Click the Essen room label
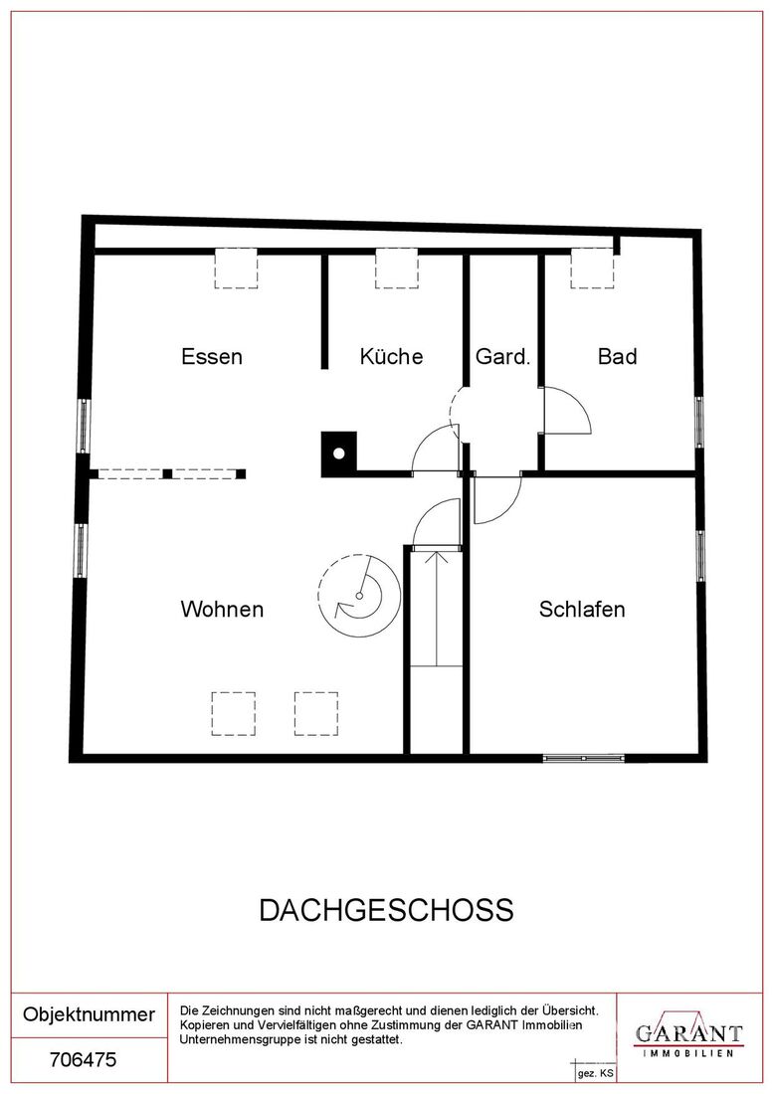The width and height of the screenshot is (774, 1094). click(x=212, y=356)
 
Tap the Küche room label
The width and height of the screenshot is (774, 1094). click(x=392, y=356)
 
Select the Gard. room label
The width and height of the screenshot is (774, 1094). click(x=503, y=356)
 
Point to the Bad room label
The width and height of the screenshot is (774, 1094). click(x=618, y=356)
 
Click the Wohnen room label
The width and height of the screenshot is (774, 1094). click(x=222, y=609)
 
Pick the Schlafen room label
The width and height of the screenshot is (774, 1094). click(x=582, y=609)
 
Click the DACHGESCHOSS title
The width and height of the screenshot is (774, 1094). click(x=387, y=910)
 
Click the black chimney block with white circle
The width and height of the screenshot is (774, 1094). click(x=338, y=455)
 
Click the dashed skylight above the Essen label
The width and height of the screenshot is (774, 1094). click(x=236, y=269)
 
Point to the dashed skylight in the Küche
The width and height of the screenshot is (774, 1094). click(x=396, y=269)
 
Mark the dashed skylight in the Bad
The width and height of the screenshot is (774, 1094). click(x=593, y=269)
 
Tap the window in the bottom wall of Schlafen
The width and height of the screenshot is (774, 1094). click(x=583, y=758)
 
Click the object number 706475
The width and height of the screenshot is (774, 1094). click(x=83, y=1060)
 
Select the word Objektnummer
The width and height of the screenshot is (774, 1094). click(x=89, y=1014)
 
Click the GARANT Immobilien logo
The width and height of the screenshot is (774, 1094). click(x=688, y=1036)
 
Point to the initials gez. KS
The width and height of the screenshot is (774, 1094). click(x=595, y=1073)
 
